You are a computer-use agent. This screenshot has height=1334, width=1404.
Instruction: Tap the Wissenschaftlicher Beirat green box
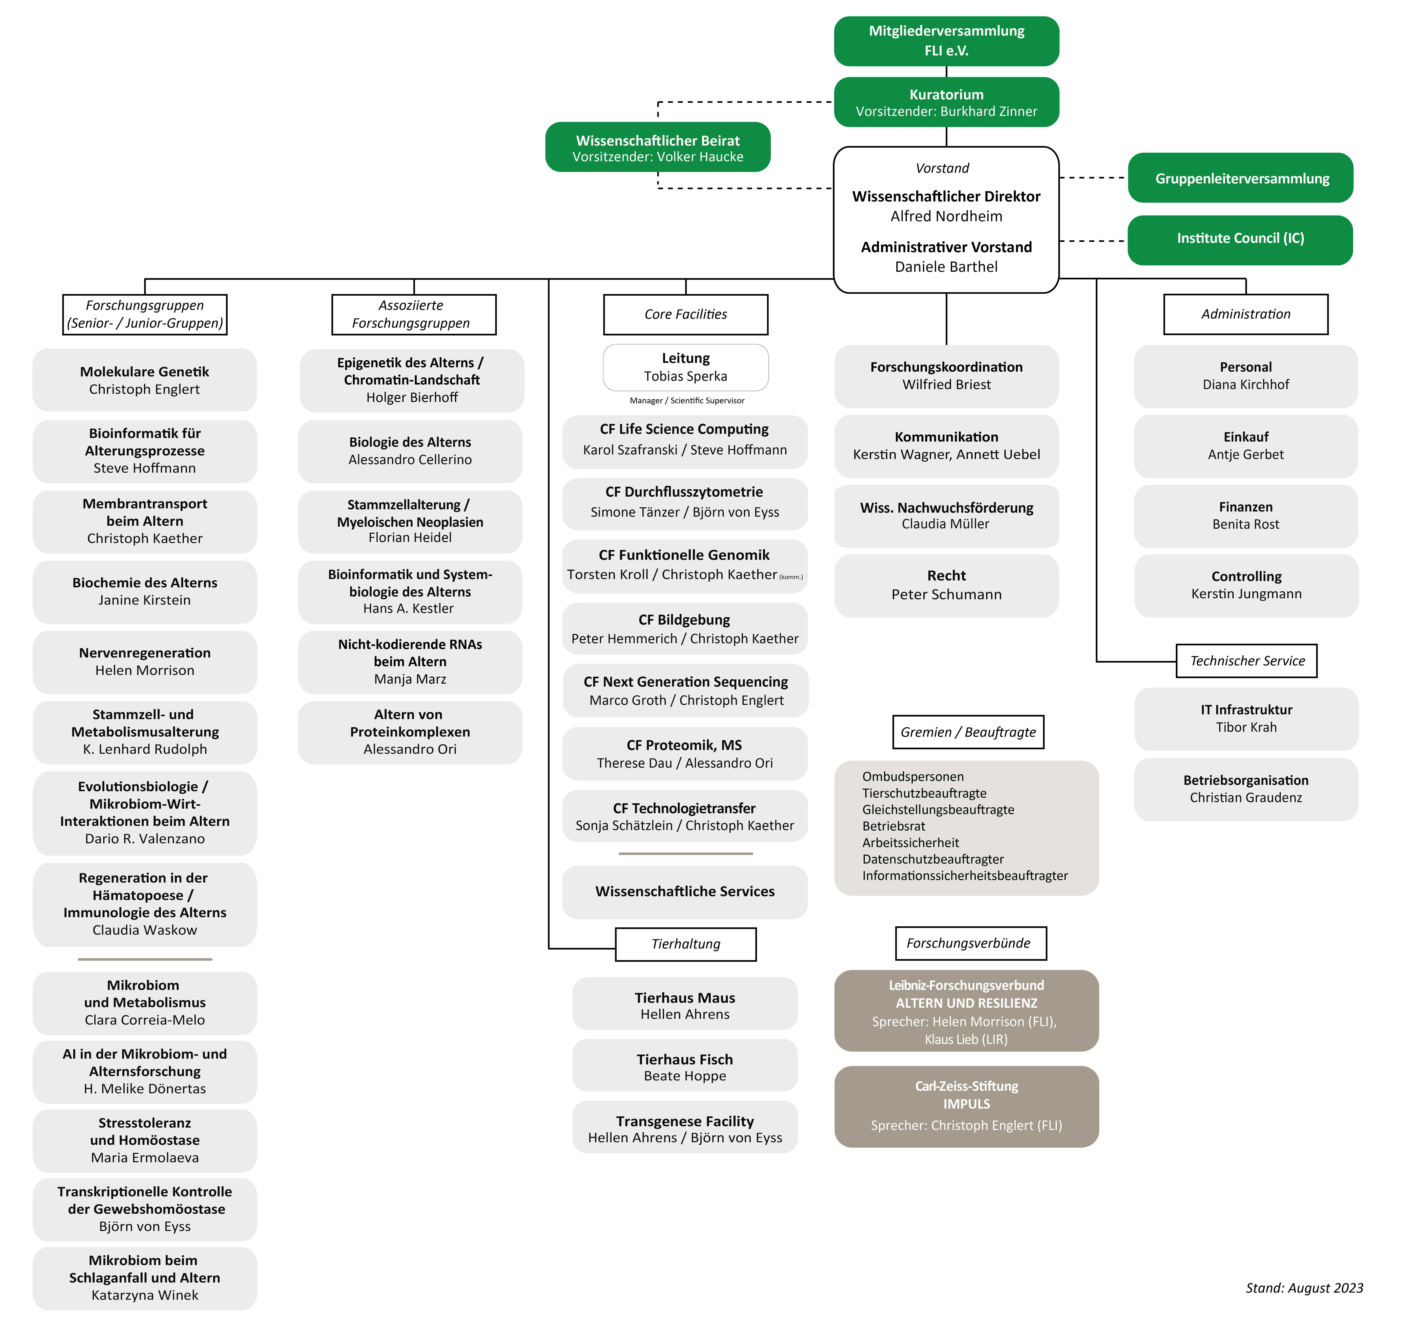(x=658, y=147)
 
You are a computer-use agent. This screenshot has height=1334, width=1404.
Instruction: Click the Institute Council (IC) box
(x=1241, y=240)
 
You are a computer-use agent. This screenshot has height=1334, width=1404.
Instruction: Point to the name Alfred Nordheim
(x=946, y=216)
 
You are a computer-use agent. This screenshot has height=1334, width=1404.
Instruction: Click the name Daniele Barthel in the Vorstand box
(x=946, y=267)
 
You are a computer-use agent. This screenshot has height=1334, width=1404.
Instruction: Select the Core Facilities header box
(x=685, y=314)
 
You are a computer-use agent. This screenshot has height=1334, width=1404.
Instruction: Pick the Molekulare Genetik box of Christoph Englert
(x=144, y=380)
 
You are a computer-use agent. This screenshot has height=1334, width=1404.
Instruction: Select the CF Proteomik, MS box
(x=685, y=753)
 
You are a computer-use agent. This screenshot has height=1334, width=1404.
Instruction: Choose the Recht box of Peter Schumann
(x=946, y=585)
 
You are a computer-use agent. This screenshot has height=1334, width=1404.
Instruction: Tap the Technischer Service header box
(x=1247, y=661)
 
